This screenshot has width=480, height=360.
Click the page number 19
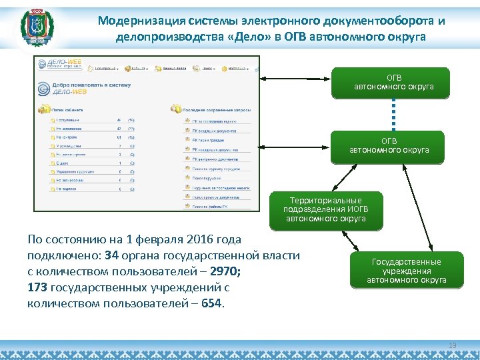[453, 345]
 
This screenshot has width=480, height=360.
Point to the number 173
[37, 288]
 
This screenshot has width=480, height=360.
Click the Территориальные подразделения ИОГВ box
[326, 210]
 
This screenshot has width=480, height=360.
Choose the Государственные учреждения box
[407, 271]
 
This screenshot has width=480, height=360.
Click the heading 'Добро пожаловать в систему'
[92, 85]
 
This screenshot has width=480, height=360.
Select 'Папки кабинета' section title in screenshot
[69, 108]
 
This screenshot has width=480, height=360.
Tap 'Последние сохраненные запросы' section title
[219, 108]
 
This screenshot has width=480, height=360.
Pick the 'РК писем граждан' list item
[209, 140]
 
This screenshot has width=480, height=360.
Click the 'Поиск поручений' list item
[209, 179]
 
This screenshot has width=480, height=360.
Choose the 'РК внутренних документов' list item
[215, 159]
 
